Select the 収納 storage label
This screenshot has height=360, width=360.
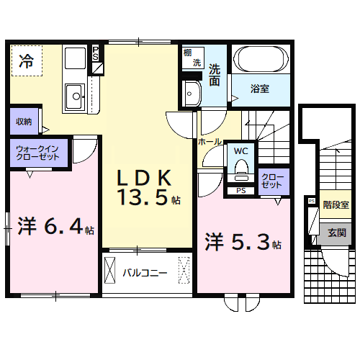(x=23, y=122)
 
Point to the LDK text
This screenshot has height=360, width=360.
(x=145, y=178)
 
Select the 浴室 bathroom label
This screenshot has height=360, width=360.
(x=259, y=89)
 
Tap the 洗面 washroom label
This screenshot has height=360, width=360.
(x=215, y=76)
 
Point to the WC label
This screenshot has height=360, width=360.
(x=240, y=152)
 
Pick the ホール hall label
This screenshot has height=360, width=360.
(x=210, y=142)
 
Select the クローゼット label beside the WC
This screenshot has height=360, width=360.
(x=271, y=181)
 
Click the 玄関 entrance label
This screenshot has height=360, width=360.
(x=336, y=233)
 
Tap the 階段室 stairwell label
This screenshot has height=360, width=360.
(x=336, y=205)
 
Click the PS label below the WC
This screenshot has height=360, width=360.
(x=240, y=191)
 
